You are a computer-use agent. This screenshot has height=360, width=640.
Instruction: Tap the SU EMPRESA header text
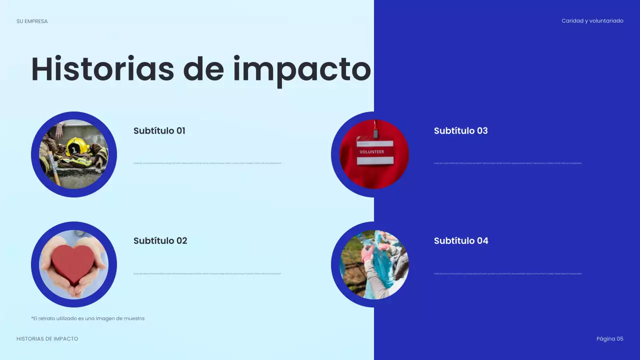(32, 21)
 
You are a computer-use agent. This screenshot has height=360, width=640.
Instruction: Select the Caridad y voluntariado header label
(592, 21)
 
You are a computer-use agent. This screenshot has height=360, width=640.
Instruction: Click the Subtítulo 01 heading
(159, 131)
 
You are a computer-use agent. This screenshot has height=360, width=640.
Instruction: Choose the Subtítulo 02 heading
(160, 241)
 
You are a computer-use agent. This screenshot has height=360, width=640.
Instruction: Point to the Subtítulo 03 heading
(460, 131)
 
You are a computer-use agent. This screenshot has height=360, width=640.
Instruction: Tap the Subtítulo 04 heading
(461, 241)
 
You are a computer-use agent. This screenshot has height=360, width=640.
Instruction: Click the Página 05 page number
(609, 339)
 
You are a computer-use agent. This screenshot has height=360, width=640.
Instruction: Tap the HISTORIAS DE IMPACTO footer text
(47, 339)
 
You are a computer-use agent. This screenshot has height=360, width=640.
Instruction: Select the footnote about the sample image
(87, 318)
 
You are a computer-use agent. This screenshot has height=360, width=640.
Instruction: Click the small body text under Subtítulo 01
(207, 163)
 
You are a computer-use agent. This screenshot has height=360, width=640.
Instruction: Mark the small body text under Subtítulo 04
(507, 273)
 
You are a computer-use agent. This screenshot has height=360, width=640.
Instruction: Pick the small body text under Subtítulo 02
(207, 273)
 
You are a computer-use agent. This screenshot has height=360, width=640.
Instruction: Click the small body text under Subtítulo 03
(507, 163)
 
